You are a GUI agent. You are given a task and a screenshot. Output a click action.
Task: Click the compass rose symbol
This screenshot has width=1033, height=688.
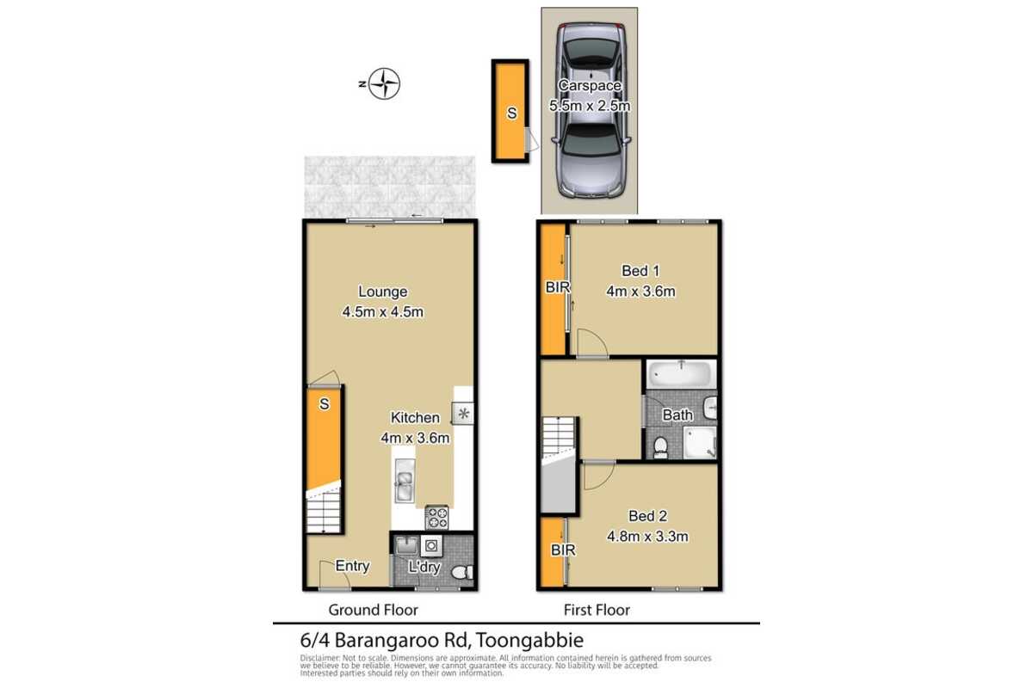pos(384,83)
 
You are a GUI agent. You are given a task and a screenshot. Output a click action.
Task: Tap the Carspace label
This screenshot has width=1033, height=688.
pos(590,85)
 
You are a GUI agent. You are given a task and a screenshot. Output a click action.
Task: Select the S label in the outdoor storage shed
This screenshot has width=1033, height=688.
pos(511,113)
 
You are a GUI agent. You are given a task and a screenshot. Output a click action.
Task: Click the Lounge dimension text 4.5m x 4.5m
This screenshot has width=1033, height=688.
pos(382,312)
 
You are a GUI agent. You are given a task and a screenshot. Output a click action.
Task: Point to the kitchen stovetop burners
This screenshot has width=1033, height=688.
pos(436,518)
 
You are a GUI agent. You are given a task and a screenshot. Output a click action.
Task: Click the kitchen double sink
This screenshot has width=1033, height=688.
pos(405,482)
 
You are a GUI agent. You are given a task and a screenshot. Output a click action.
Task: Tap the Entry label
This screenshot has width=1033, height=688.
pos(352,566)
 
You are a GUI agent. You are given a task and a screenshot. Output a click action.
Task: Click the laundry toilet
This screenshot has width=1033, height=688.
pos(462,573)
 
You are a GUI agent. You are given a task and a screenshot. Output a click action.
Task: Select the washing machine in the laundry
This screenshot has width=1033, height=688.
pos(431,545)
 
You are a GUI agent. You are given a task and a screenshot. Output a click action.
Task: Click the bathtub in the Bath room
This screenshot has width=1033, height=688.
pos(681,374)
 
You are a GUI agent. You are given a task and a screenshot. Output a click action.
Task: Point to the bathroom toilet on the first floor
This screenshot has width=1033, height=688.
pos(661,448)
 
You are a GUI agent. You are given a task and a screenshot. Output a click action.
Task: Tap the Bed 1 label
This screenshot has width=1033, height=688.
pos(640,271)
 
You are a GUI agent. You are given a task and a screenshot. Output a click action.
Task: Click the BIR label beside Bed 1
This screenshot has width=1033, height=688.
pos(557,287)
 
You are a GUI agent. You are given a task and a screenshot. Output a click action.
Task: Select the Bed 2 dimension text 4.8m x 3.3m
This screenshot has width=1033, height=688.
pos(647,537)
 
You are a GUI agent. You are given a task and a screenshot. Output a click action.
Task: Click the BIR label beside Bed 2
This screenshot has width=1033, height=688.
pos(563,550)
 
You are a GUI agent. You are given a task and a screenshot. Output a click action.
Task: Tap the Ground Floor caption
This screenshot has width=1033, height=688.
pos(373,610)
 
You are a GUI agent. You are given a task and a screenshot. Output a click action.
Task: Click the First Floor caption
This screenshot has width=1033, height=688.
pos(597,610)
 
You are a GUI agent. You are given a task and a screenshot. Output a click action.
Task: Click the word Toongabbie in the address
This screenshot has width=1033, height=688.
pos(529,640)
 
